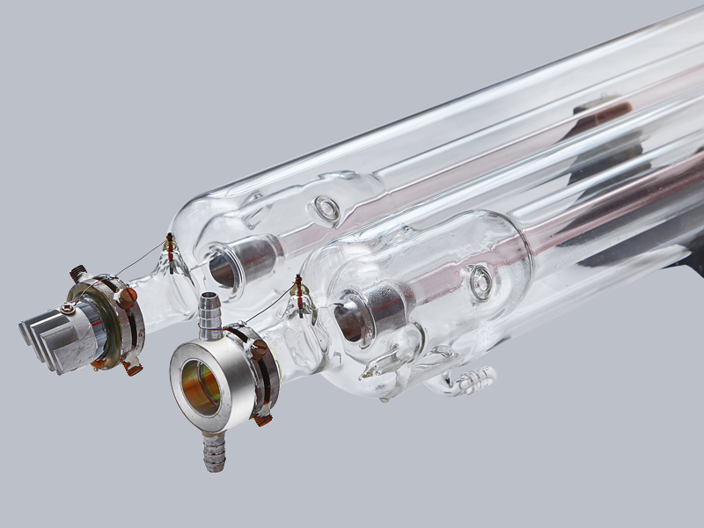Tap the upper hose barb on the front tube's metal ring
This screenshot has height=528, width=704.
pos(209,313)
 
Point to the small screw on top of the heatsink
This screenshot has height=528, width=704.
pos(67,308)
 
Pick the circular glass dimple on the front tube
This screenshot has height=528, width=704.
pos(480,282)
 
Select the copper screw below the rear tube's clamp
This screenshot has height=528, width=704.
pos(132,368)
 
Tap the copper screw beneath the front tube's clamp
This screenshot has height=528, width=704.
pos(262,419)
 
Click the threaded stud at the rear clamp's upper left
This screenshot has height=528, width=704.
pos(78,274)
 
